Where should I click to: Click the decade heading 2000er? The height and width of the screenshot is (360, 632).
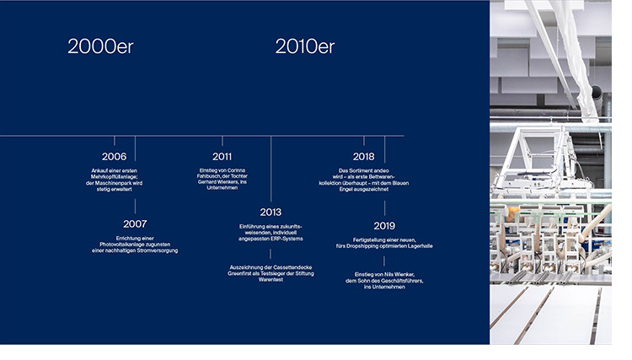point(100,46)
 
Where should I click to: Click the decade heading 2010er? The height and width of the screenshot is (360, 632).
point(305,46)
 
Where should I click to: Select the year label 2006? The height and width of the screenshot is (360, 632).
point(114,157)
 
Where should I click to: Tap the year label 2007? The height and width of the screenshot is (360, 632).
point(135,223)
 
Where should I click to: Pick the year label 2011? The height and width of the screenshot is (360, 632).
point(222,157)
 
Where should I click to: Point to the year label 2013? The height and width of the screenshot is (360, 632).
point(270,212)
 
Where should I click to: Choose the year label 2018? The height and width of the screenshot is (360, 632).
point(363,157)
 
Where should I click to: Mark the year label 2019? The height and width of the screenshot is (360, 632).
point(384,226)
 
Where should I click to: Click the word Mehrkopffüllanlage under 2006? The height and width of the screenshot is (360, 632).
point(114,177)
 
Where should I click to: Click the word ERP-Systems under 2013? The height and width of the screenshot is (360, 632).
point(287,239)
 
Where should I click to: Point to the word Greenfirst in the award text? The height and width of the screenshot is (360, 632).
point(241,273)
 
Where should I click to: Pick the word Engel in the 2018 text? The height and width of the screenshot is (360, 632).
point(346,189)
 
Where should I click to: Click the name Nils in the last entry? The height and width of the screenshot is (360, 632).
point(389,275)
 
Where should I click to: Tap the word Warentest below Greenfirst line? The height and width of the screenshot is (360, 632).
point(270,279)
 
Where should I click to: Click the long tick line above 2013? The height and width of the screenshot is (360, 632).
point(270,169)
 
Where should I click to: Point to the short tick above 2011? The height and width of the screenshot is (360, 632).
point(222,141)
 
